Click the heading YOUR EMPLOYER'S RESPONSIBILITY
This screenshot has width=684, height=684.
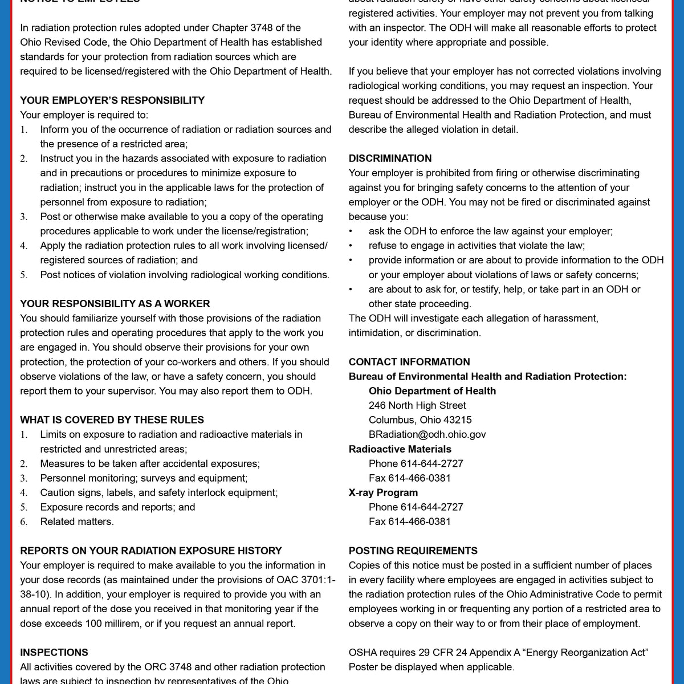tap(112, 100)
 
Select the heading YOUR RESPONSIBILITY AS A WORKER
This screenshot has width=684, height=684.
tap(115, 304)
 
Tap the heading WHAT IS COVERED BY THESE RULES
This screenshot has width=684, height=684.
tap(112, 420)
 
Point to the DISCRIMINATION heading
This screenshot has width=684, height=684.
tap(390, 158)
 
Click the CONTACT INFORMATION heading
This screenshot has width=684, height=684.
tap(409, 362)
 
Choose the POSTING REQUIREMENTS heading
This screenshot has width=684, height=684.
tap(413, 551)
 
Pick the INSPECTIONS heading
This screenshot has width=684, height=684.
tap(54, 653)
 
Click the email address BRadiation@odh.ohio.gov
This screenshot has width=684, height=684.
tap(427, 434)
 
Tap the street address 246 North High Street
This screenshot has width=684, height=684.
tap(417, 405)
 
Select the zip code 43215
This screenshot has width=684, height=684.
tap(458, 420)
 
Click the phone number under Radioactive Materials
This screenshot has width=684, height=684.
tap(432, 463)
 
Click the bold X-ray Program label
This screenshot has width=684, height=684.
tap(383, 492)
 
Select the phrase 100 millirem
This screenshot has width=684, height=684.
tap(113, 624)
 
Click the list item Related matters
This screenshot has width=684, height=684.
tap(77, 522)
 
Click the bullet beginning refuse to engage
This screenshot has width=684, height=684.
tap(477, 246)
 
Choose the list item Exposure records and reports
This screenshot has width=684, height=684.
tap(117, 507)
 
